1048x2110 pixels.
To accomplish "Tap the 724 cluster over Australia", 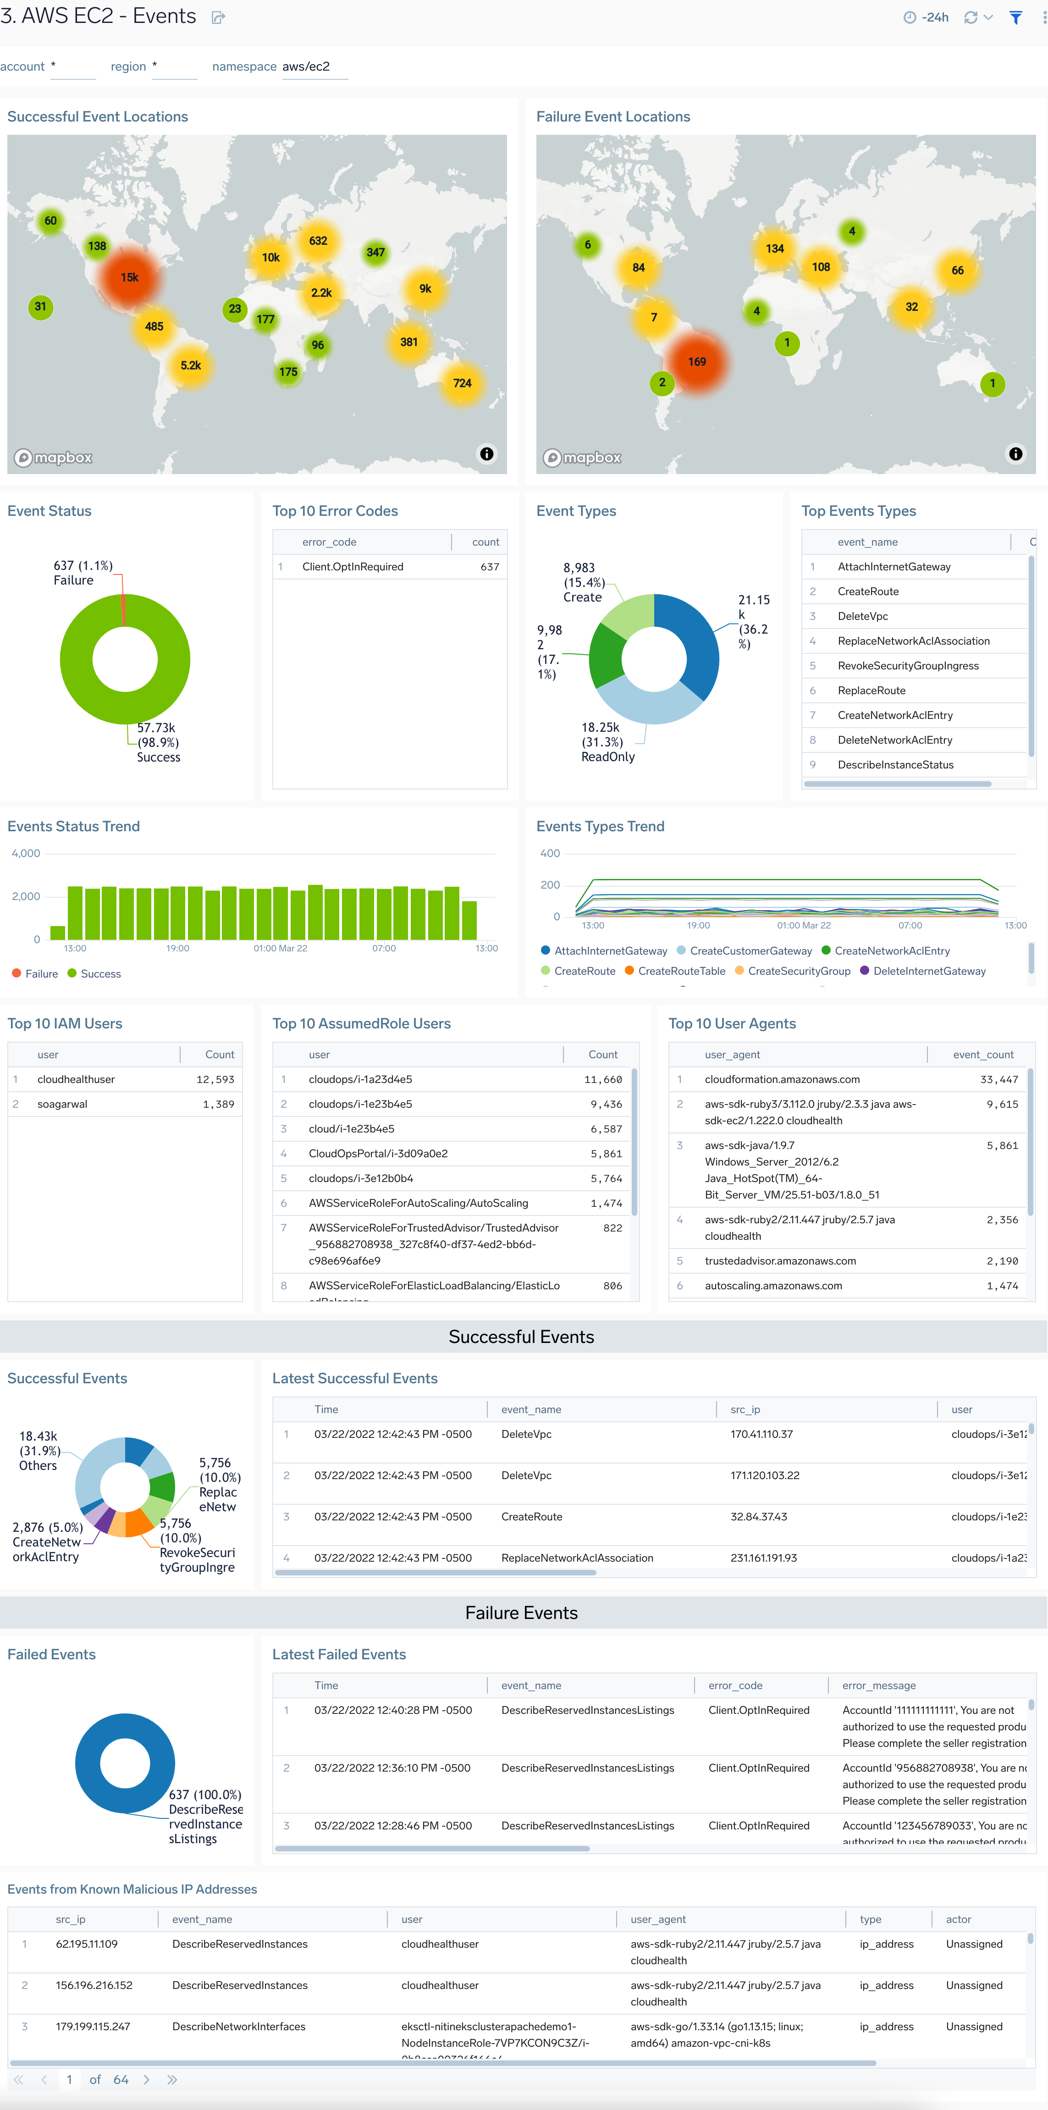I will click(462, 383).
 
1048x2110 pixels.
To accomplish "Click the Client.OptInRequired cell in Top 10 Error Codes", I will click(353, 567).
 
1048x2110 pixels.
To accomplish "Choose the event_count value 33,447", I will click(999, 1080).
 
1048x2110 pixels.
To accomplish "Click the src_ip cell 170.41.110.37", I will click(761, 1434).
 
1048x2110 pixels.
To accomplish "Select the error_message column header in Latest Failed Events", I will click(878, 1686).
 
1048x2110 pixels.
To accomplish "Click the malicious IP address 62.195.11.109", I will click(87, 1944).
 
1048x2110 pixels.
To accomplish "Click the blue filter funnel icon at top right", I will click(1015, 17).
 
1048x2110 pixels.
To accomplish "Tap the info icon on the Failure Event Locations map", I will click(1015, 454).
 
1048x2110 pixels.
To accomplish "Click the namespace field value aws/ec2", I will click(306, 66).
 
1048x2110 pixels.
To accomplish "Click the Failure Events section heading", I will click(522, 1613).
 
